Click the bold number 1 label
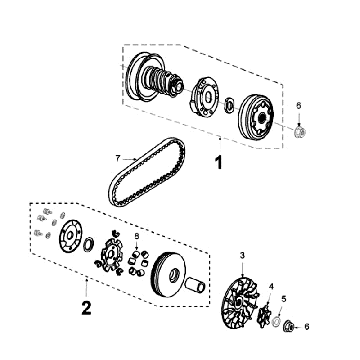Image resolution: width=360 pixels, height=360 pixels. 218,163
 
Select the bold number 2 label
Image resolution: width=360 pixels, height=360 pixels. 86,308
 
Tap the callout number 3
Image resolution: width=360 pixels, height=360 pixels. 242,256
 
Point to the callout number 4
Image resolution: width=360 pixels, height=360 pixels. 271,286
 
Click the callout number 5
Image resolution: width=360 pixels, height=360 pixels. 284,298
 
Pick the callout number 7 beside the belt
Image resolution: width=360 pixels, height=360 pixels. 117,159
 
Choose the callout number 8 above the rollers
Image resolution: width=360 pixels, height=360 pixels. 136,236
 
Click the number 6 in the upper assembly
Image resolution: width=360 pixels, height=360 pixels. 299,106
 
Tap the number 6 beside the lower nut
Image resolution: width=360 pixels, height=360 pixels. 307,327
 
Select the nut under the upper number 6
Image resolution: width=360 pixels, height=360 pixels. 300,132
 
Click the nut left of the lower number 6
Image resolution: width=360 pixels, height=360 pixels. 288,326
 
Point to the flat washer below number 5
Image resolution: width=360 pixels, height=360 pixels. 276,322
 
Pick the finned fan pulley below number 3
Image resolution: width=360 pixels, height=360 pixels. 239,304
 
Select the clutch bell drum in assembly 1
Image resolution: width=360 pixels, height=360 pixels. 257,117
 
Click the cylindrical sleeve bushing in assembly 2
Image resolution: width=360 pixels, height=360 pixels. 194,285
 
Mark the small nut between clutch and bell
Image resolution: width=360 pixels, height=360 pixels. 229,104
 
